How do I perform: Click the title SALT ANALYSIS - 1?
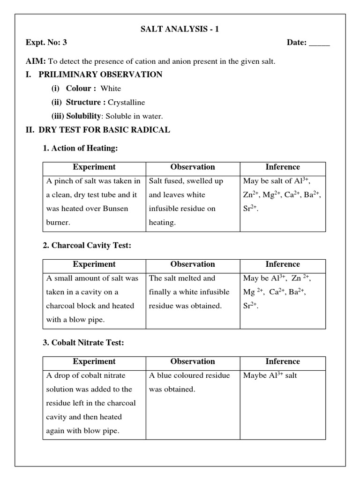[180, 30]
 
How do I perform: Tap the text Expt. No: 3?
[46, 43]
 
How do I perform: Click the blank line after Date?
[320, 44]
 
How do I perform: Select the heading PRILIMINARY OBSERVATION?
[100, 75]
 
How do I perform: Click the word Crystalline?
[127, 102]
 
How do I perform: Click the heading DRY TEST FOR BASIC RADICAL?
[104, 130]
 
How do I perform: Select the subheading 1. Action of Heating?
[80, 148]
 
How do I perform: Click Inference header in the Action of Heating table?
[283, 167]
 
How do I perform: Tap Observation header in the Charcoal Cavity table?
[193, 264]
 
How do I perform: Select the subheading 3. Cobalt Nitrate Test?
[83, 343]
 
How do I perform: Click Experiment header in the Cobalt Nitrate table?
[94, 361]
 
